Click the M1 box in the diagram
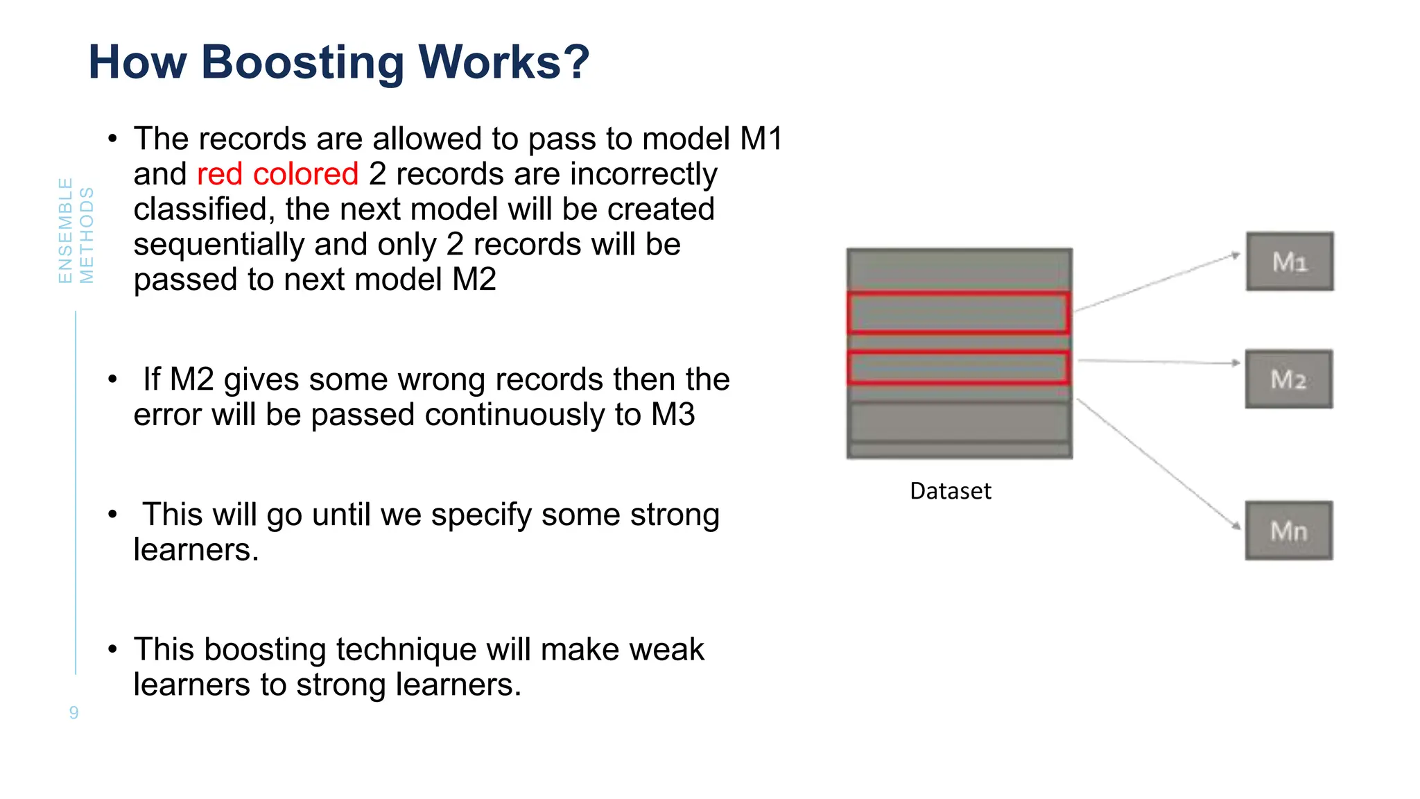pyautogui.click(x=1290, y=261)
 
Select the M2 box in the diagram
pyautogui.click(x=1288, y=379)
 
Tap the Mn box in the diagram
pyautogui.click(x=1288, y=531)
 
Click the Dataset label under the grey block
pyautogui.click(x=950, y=491)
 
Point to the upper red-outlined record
pyautogui.click(x=959, y=313)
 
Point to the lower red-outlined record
pyautogui.click(x=959, y=368)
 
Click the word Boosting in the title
pyautogui.click(x=302, y=62)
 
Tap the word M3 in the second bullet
pyautogui.click(x=673, y=415)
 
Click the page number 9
pyautogui.click(x=73, y=712)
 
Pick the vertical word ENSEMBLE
pyautogui.click(x=65, y=230)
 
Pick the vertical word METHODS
pyautogui.click(x=87, y=235)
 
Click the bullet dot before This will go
pyautogui.click(x=112, y=515)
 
